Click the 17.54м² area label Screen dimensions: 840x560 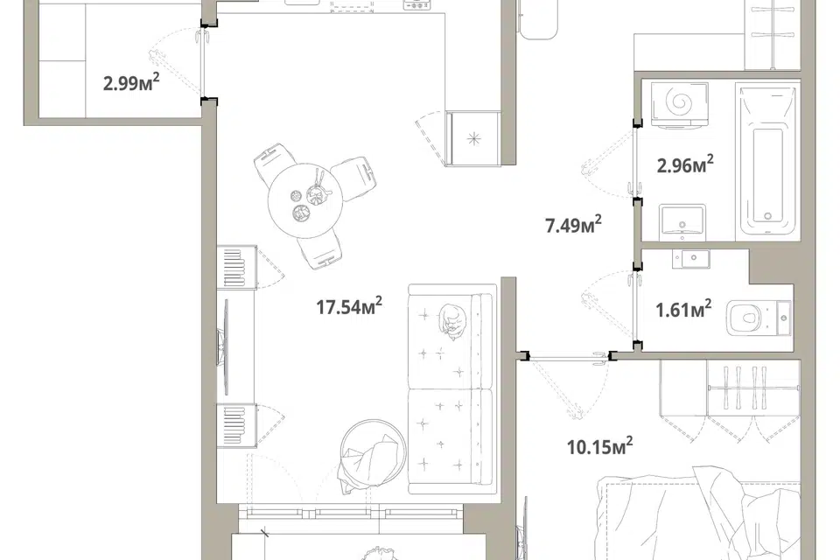(349, 306)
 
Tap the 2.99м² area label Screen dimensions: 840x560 (131, 82)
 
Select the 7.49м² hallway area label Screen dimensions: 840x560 (573, 225)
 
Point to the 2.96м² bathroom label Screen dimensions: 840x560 (685, 164)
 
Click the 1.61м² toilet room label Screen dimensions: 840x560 (683, 309)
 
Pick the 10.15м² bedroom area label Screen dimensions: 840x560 (599, 446)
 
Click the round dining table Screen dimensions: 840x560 (304, 200)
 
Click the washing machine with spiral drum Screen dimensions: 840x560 (679, 104)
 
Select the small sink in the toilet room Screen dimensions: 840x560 (691, 259)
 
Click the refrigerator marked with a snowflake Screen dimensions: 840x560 (473, 138)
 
